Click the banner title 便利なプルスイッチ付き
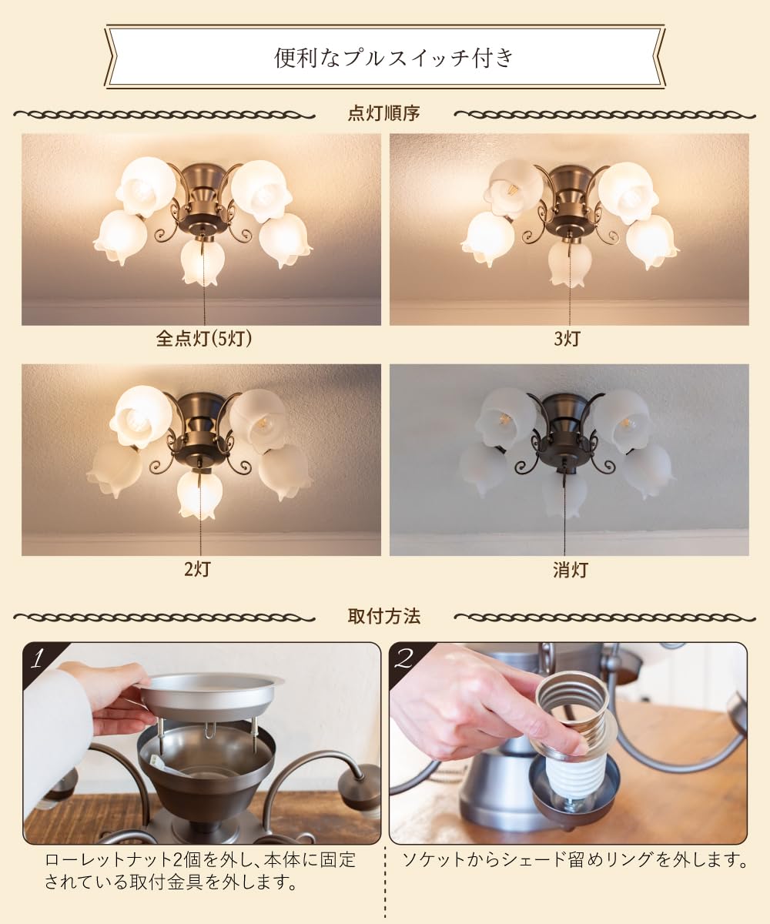pos(393,58)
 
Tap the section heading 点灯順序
pos(383,113)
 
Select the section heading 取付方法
pos(383,616)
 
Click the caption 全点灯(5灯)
pos(204,339)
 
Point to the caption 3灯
pos(567,339)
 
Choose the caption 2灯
pos(197,569)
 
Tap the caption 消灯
pos(571,570)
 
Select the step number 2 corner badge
pos(404,659)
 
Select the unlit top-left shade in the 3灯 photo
pos(514,186)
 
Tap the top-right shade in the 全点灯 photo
pos(261,191)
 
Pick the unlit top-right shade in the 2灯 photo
pos(258,418)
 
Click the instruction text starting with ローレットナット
pos(200,872)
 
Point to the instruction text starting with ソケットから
pos(574,860)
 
